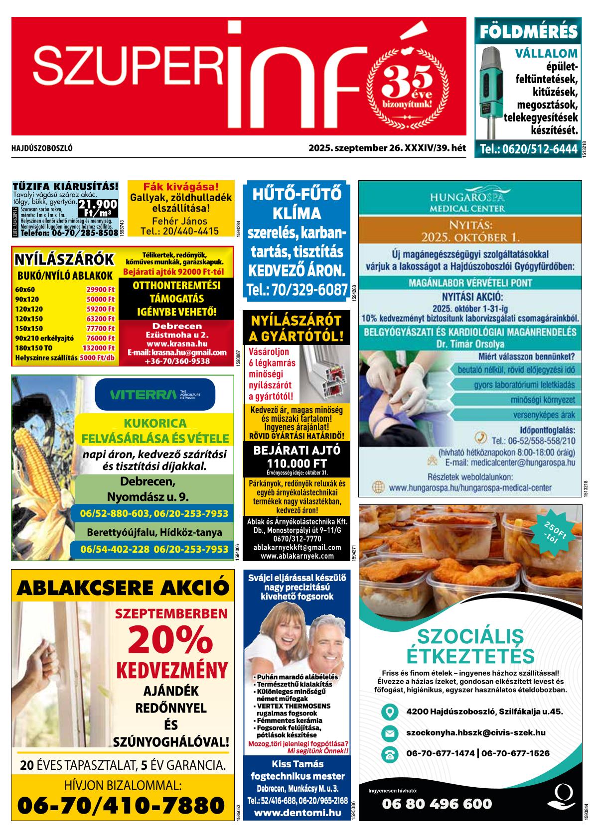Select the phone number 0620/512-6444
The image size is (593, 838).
click(528, 149)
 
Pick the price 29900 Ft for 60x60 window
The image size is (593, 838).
click(100, 289)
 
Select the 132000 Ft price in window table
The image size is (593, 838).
click(98, 348)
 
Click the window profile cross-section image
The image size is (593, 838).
click(323, 373)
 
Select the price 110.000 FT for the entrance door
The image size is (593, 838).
click(296, 464)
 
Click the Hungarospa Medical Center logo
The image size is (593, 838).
click(470, 200)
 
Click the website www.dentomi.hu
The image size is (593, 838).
click(297, 813)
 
